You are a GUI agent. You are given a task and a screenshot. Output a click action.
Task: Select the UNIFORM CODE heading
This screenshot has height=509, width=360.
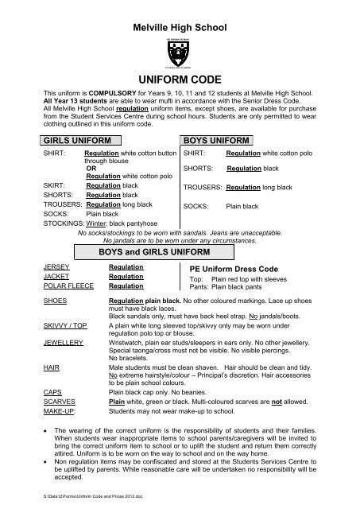pos(180,81)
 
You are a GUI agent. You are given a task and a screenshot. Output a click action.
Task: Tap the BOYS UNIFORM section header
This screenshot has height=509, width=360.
pos(216,140)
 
